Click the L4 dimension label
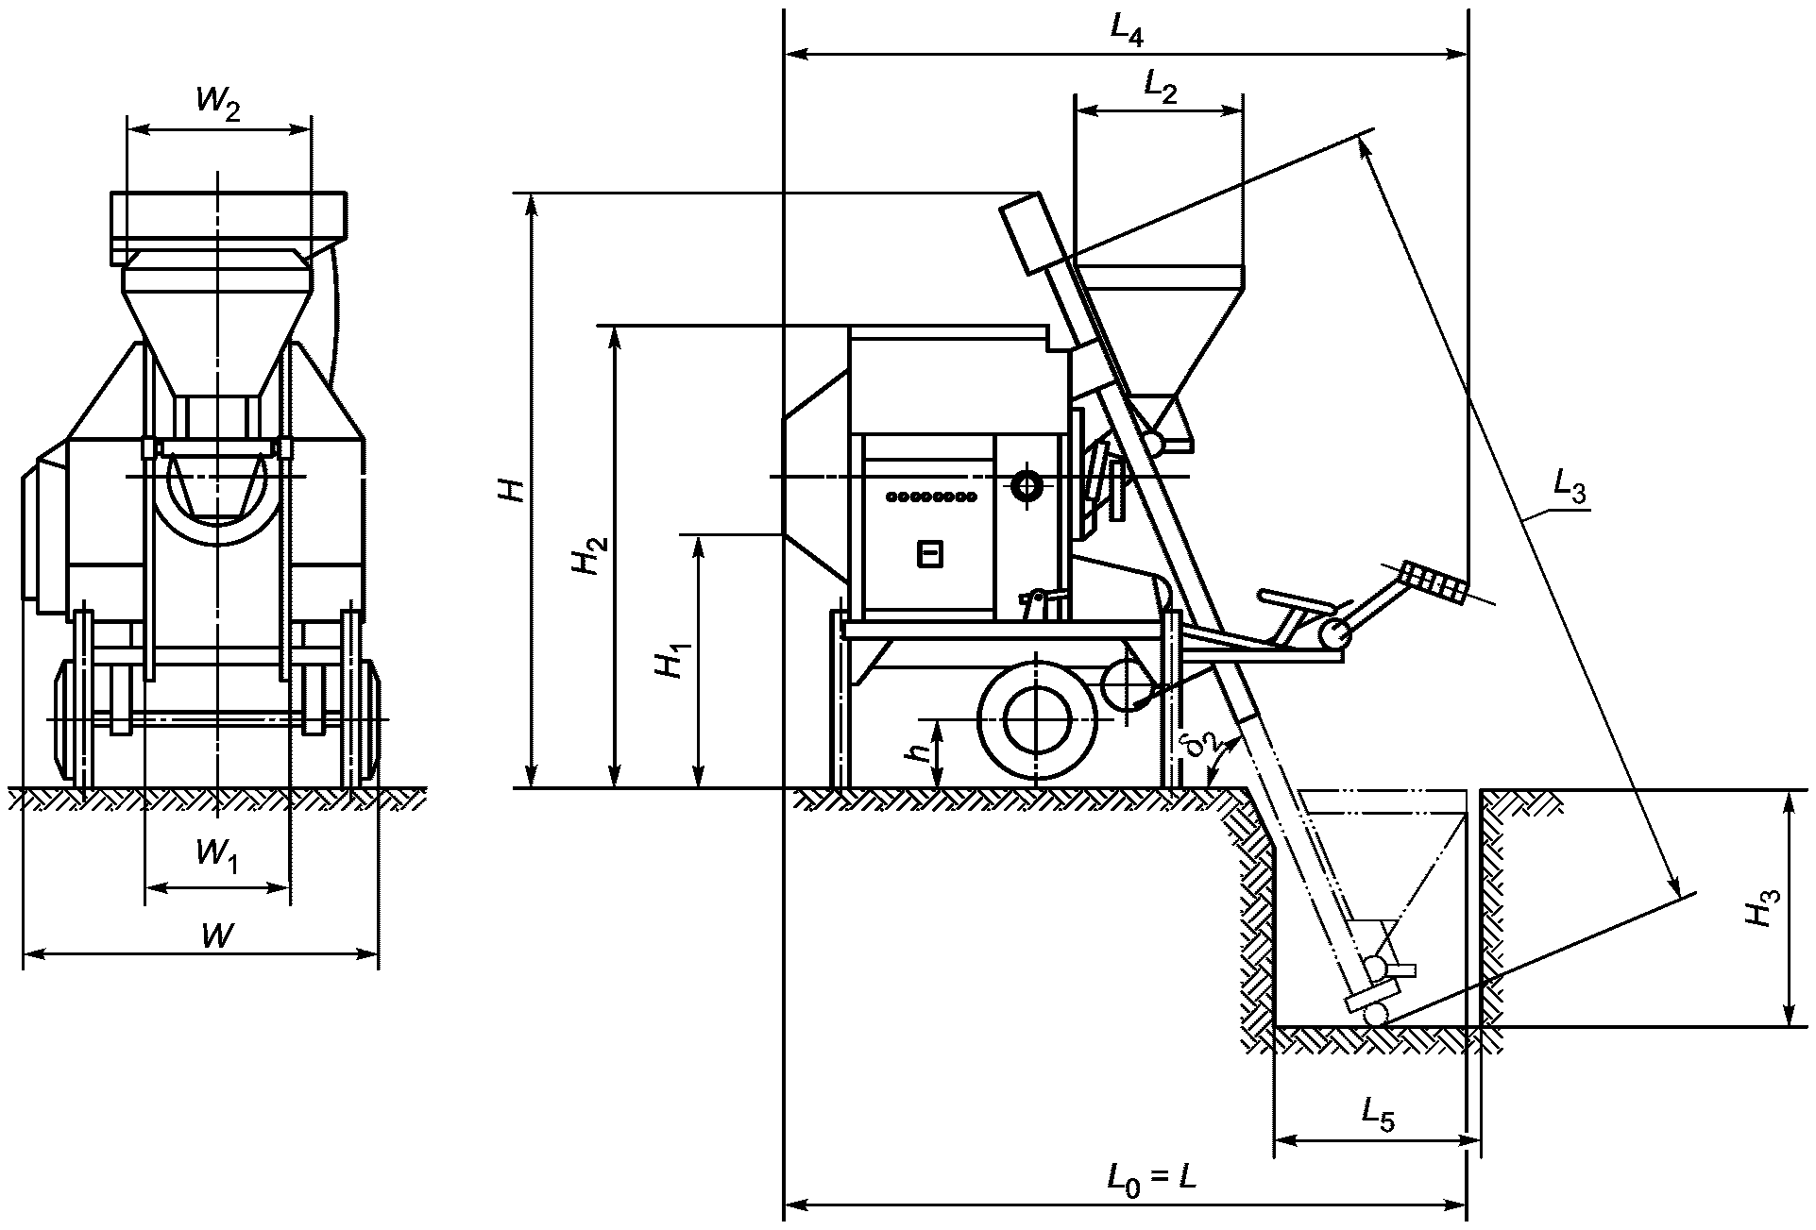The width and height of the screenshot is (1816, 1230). tap(1127, 32)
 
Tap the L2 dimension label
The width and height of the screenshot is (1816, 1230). tap(1161, 87)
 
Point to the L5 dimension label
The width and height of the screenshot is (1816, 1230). tap(1378, 1114)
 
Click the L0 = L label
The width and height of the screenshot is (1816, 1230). tap(1152, 1178)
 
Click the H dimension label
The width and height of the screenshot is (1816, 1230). tap(514, 490)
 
